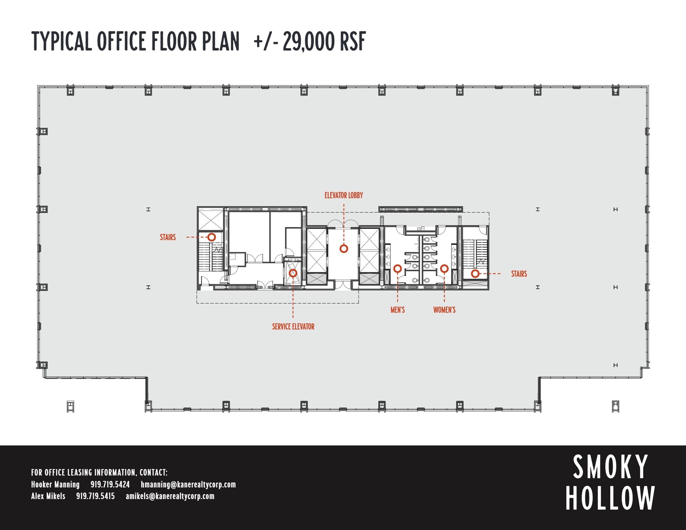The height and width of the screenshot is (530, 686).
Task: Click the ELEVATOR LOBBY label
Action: coord(344,195)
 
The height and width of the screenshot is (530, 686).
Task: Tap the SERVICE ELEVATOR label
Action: coord(293,327)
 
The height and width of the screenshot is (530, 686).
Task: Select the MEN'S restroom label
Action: coord(398,310)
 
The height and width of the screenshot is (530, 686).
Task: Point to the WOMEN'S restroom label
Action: coord(444,310)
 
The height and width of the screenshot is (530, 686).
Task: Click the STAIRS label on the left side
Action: coord(168,237)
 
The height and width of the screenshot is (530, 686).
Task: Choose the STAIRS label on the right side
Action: coord(519,274)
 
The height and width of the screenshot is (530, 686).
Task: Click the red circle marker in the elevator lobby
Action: coord(344,249)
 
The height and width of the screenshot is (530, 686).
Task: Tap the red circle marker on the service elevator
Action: coord(293,273)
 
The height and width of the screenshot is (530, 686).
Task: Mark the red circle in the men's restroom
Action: coord(398,268)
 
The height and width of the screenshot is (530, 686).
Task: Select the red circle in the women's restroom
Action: coord(444,268)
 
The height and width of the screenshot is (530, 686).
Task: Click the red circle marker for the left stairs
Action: coord(212,237)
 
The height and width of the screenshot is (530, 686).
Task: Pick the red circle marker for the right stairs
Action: coord(475,274)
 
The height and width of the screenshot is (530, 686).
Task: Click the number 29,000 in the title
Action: coord(309,42)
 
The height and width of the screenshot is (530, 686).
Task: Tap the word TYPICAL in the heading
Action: coord(62,41)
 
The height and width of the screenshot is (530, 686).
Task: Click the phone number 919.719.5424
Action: coord(110,484)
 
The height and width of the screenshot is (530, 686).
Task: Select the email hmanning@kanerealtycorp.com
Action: coord(188,485)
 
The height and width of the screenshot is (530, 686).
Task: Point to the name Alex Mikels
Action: coord(48,496)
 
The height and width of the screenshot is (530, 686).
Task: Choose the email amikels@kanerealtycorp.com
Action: coord(170,496)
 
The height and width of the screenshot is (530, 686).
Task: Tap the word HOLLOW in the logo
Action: coord(611,498)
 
